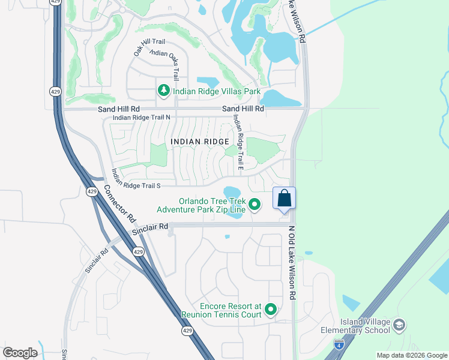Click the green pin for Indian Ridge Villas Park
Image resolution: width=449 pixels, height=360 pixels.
tap(163, 91)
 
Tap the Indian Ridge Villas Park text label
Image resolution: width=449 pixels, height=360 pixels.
tap(217, 92)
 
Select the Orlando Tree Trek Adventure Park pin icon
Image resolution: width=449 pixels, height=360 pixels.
tap(254, 205)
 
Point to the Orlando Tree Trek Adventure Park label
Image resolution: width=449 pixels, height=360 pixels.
tap(201, 205)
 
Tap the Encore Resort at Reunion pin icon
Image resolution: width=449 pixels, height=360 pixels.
tap(271, 310)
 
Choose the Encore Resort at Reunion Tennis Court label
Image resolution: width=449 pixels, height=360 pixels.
tap(222, 310)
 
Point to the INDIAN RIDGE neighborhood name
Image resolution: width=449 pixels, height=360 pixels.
tap(200, 142)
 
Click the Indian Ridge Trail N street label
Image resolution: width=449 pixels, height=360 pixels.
tap(142, 118)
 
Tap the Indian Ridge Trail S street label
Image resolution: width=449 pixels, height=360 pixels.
tap(136, 178)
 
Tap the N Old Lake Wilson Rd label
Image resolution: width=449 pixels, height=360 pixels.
tap(292, 262)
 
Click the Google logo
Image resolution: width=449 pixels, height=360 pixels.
tap(20, 353)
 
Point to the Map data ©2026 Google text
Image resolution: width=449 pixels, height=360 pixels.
tap(411, 355)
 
